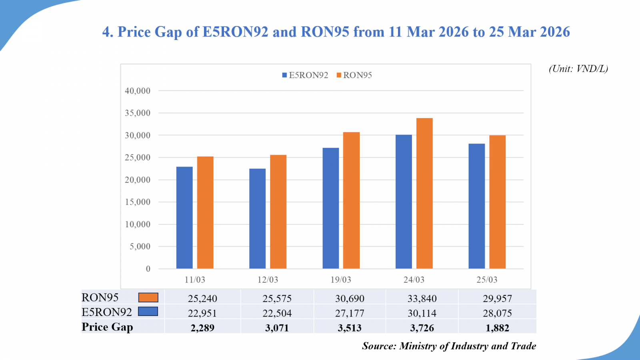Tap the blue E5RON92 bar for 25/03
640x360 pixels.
476,206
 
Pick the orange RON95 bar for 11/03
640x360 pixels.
205,212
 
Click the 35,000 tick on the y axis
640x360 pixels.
138,113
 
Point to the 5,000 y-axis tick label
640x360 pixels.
140,246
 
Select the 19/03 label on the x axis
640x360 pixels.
340,280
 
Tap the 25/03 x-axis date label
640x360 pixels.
486,280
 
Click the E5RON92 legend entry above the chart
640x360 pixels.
305,75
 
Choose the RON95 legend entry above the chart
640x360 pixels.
354,75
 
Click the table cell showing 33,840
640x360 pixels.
422,298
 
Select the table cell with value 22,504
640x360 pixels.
277,313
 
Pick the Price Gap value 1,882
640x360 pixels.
497,328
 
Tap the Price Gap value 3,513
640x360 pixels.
349,328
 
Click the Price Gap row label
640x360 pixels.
107,327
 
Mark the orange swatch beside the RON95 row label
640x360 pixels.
148,298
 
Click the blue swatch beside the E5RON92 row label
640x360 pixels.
148,312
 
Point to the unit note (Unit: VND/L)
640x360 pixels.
578,69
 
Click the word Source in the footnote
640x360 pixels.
378,346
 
